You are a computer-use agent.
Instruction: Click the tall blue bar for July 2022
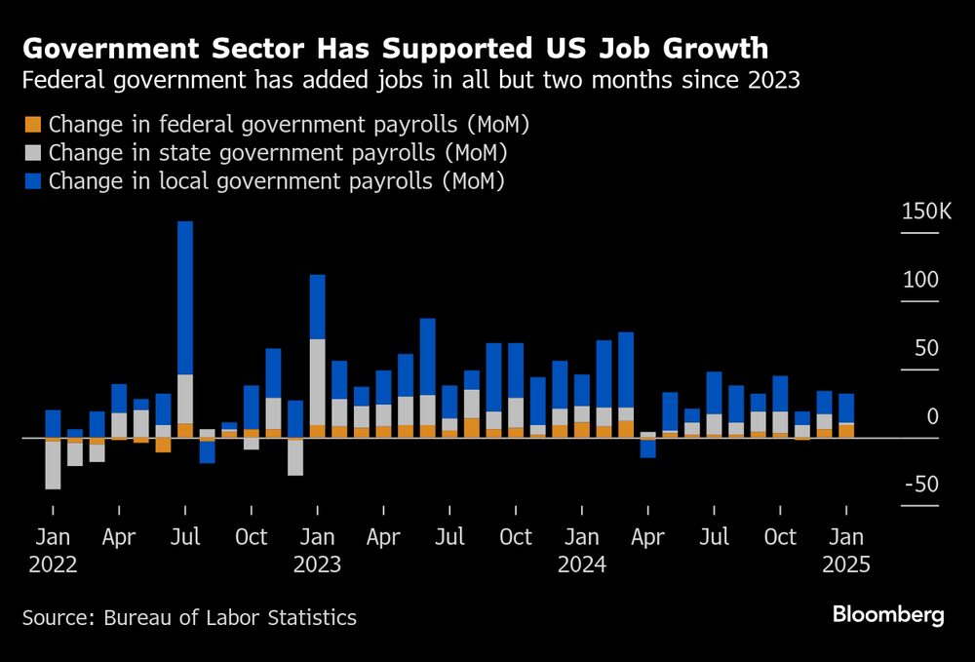coord(185,297)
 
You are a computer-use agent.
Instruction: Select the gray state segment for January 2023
coord(317,381)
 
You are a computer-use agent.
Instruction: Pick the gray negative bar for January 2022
coord(53,465)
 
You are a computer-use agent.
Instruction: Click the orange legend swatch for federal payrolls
coord(33,125)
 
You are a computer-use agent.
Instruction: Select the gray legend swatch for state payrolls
coord(33,153)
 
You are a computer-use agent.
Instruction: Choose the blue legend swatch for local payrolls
coord(33,181)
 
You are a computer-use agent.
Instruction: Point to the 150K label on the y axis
coord(925,212)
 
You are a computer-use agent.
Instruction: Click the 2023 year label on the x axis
coord(317,565)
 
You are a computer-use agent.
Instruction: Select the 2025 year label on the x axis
coord(846,565)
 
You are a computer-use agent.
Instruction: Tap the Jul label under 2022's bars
coord(185,537)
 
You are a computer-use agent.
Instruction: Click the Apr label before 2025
coord(647,537)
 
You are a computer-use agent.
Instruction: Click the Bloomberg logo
coord(887,615)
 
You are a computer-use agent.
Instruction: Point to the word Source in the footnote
coord(54,618)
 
